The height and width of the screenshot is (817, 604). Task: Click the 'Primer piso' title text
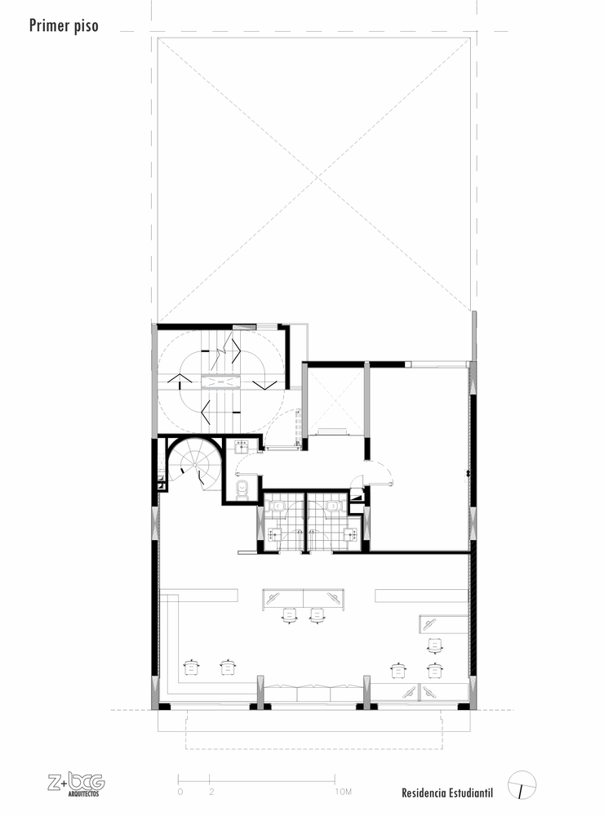[64, 25]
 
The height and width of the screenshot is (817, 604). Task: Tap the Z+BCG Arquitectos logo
[75, 783]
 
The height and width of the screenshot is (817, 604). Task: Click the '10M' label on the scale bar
[343, 792]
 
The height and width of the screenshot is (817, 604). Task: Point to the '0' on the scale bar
[180, 792]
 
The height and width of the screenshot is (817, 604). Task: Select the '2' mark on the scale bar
[211, 792]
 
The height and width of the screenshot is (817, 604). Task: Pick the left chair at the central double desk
[290, 614]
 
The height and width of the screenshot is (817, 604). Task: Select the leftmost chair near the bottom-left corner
[193, 667]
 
